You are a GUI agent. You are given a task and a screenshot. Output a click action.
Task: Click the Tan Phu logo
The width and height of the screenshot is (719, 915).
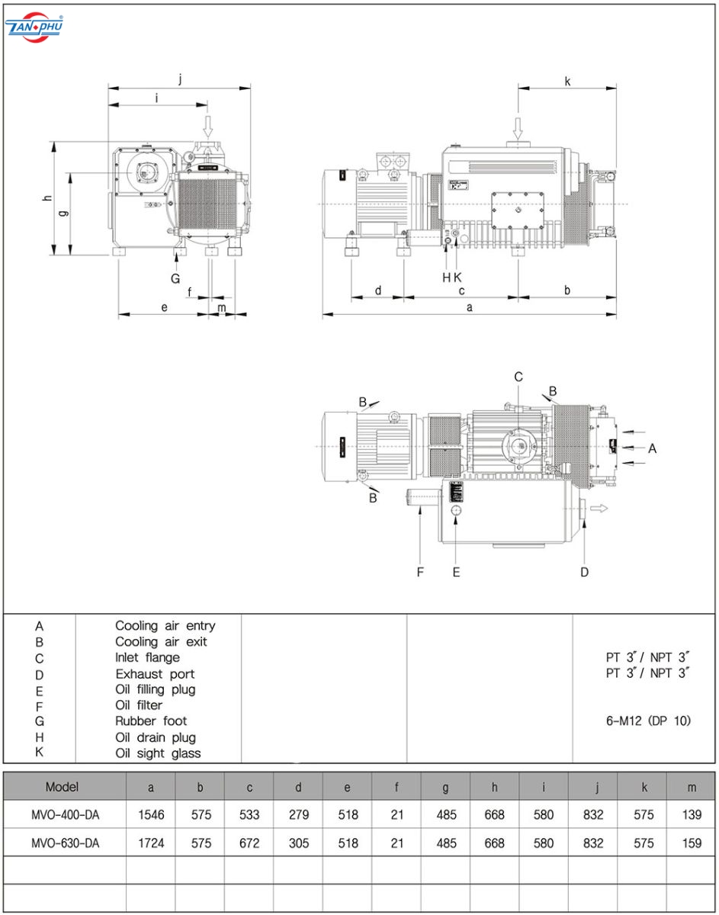click(34, 27)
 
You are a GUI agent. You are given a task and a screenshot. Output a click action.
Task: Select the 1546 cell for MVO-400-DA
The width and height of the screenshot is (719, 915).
click(151, 814)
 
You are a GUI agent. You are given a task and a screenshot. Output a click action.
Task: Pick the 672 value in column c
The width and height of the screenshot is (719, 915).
click(249, 843)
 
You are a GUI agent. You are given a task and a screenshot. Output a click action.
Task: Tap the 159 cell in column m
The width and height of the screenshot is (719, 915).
click(692, 843)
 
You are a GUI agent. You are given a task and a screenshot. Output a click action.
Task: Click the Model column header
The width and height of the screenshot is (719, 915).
click(62, 787)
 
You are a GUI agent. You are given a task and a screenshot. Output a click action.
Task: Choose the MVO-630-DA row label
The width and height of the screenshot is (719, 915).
click(66, 843)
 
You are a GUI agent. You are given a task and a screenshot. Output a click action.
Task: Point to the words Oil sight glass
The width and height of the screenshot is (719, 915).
click(158, 753)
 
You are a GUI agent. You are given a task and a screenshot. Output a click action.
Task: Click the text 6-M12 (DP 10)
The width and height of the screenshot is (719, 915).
click(648, 721)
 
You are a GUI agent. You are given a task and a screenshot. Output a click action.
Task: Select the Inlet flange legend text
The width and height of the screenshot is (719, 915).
click(147, 657)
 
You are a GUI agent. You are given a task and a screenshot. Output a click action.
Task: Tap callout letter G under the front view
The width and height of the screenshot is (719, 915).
click(175, 278)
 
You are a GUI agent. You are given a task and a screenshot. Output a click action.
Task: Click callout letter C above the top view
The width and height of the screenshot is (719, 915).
click(518, 377)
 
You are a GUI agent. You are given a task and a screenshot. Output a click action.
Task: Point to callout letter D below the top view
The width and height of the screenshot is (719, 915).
click(584, 572)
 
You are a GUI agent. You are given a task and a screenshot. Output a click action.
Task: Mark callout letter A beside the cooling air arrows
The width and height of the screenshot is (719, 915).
click(652, 448)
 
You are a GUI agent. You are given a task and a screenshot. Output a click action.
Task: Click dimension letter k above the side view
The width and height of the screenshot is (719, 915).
click(567, 81)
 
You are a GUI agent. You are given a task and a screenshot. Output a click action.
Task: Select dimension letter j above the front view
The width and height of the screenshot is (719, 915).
click(180, 79)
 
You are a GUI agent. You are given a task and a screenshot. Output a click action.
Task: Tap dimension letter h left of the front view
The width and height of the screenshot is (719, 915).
click(47, 198)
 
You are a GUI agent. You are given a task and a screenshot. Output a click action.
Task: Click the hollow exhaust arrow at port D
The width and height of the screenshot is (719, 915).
click(599, 509)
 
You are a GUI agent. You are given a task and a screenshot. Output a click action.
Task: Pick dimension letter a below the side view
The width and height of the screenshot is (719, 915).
click(470, 307)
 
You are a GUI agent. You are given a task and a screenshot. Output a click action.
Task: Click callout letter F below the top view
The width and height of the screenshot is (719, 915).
click(419, 572)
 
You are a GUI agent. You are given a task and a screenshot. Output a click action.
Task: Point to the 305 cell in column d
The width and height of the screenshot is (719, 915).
click(298, 843)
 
